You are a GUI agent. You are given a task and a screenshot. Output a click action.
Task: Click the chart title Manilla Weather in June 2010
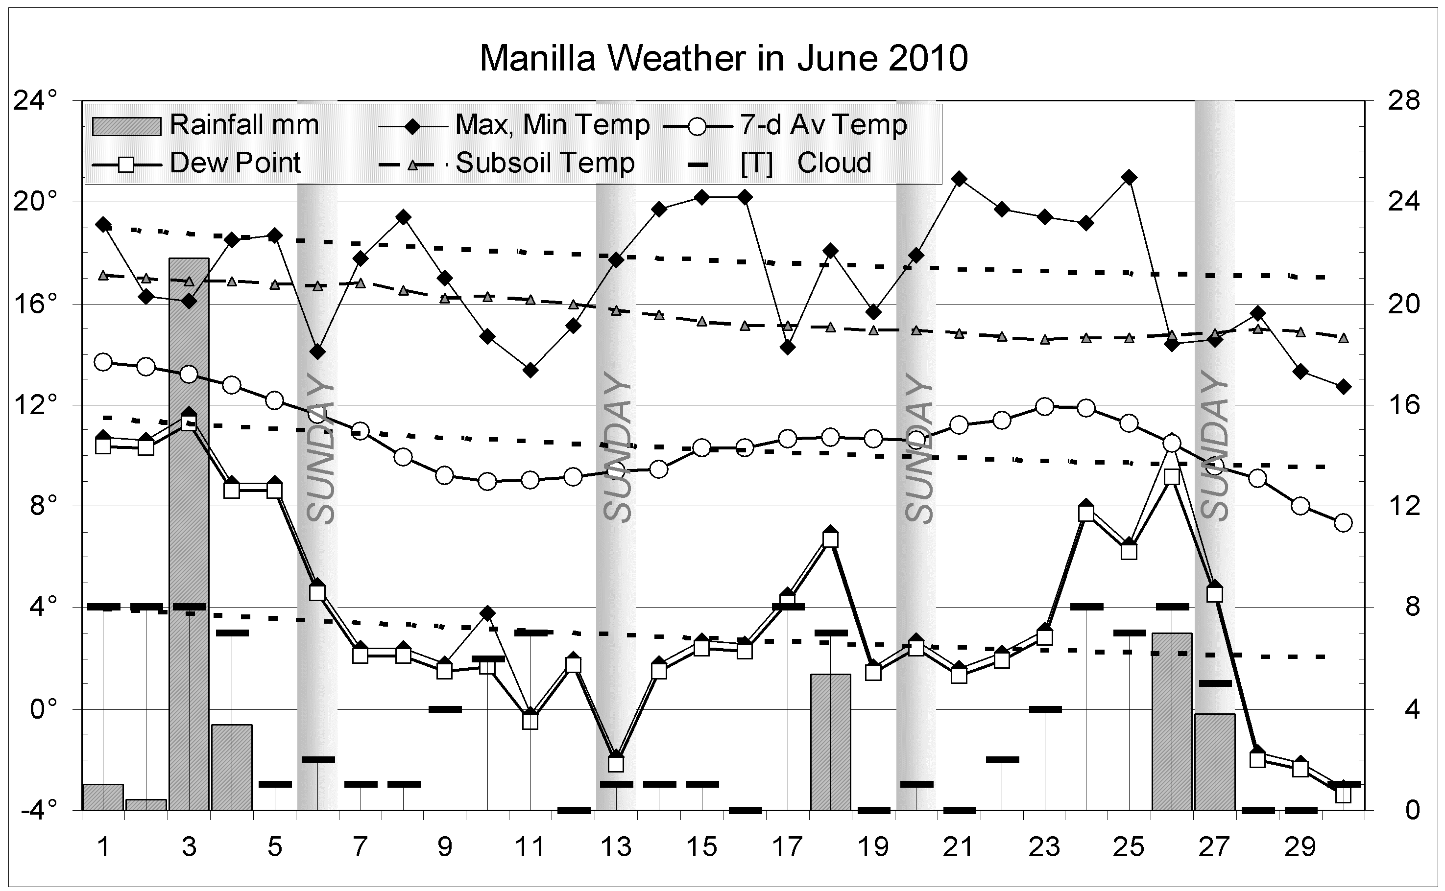[x=723, y=59]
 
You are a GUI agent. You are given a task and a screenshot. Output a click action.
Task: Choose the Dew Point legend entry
[x=198, y=163]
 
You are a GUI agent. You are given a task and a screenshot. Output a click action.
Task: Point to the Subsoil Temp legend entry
[x=507, y=163]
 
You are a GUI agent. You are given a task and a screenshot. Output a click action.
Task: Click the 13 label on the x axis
[x=616, y=847]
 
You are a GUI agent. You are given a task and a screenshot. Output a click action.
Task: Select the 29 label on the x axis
[x=1300, y=847]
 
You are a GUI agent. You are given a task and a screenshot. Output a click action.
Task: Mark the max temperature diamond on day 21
[x=959, y=179]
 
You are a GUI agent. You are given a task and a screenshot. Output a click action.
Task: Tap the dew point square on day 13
[x=616, y=764]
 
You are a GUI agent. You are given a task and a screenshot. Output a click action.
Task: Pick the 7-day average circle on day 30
[x=1343, y=523]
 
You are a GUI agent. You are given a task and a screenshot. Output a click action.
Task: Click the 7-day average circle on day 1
[x=103, y=362]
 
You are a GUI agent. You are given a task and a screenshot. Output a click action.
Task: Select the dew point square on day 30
[x=1343, y=795]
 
